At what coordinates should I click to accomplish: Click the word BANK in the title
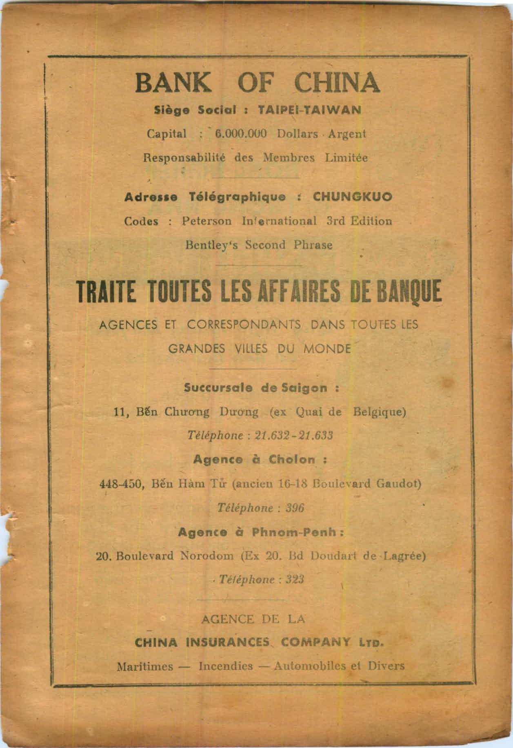173,82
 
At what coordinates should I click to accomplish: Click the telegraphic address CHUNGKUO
352,197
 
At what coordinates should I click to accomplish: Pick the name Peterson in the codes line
207,221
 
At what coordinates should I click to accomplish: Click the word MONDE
327,349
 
